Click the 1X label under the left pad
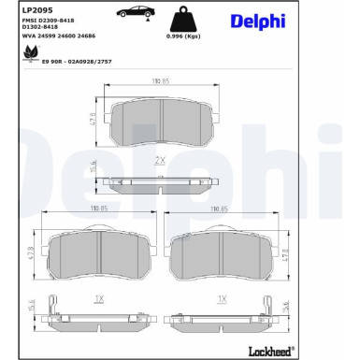100,300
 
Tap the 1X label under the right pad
222,300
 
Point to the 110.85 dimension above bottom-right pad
222,209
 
